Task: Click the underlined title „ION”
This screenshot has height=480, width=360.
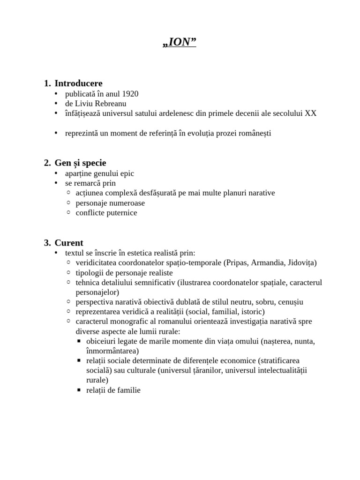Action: (179, 43)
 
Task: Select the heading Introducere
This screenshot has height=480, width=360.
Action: (78, 83)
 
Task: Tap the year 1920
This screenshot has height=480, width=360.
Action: (129, 94)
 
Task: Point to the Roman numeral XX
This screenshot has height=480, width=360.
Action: (311, 113)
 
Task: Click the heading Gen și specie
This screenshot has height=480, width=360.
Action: (80, 163)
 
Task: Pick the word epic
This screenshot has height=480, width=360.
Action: (127, 173)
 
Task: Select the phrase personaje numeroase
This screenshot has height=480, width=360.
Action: (110, 203)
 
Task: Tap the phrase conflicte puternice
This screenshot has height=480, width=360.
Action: (106, 213)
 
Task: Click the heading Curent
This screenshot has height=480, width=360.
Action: (69, 243)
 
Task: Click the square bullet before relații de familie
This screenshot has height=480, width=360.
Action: (79, 390)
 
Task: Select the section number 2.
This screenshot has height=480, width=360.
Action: (47, 163)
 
